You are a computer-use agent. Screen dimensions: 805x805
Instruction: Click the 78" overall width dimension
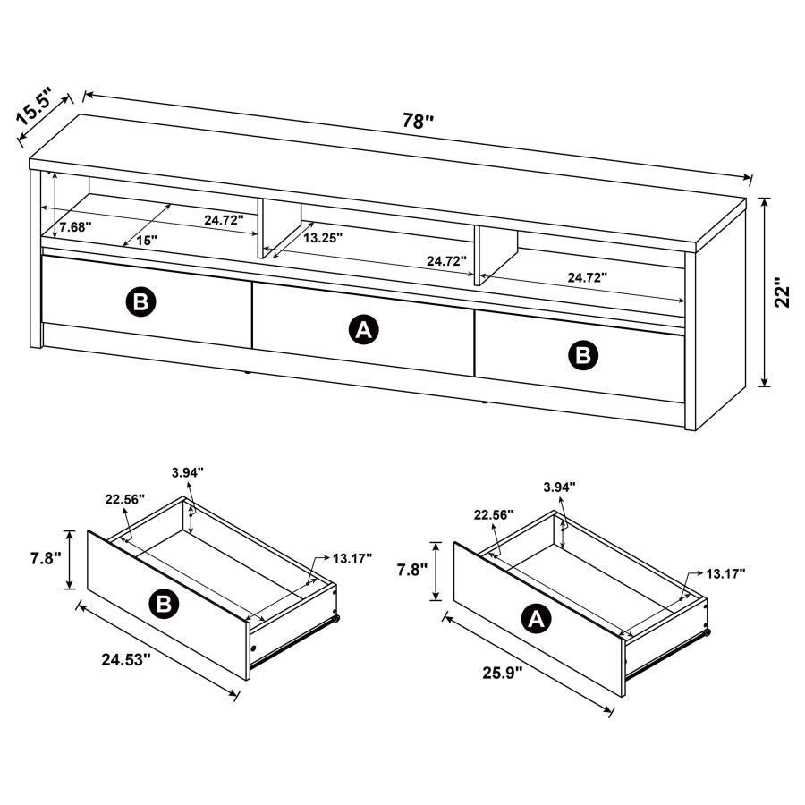(x=417, y=122)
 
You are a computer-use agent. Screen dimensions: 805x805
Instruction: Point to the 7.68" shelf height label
(x=75, y=227)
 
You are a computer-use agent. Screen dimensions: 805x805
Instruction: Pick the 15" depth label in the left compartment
(x=147, y=240)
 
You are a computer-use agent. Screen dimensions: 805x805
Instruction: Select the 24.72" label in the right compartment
(x=587, y=277)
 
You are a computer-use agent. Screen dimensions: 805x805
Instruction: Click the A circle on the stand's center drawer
(x=363, y=330)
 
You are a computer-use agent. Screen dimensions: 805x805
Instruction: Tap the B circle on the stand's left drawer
(x=140, y=302)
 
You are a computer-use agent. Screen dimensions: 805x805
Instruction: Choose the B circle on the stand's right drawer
(x=582, y=355)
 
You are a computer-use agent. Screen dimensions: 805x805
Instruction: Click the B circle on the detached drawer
(x=164, y=606)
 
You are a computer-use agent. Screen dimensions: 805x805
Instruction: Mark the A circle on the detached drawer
(x=536, y=618)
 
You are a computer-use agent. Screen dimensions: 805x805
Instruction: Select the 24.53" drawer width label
(x=125, y=660)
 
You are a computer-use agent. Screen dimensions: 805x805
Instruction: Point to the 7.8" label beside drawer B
(x=43, y=558)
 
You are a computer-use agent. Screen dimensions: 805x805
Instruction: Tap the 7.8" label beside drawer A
(x=411, y=569)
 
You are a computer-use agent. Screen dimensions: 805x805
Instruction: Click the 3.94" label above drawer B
(x=188, y=471)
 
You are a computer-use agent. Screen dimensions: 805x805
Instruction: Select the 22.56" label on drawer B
(x=123, y=501)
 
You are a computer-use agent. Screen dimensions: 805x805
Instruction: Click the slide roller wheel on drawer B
(x=336, y=618)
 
